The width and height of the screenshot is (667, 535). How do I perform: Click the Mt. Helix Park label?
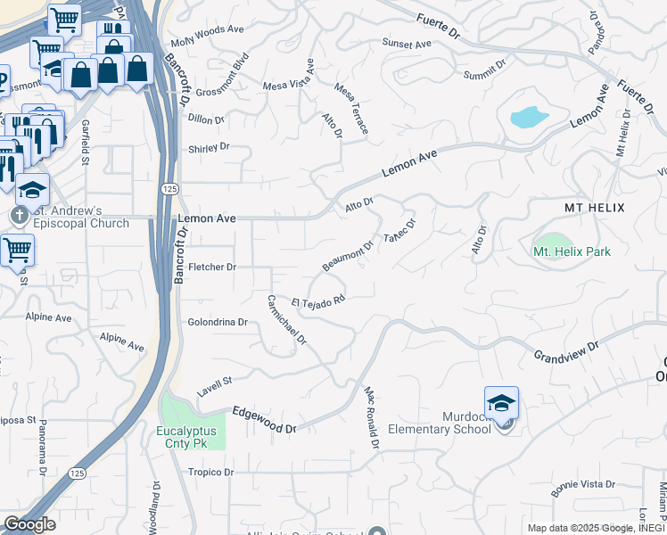click(572, 251)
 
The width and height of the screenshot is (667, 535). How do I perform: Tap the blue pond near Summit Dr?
click(529, 117)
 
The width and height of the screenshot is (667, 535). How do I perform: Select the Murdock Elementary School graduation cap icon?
click(502, 403)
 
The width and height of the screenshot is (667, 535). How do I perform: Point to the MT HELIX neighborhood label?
click(595, 207)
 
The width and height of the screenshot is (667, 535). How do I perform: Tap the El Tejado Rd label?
click(317, 303)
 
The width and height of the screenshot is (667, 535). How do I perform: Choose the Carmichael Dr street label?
click(287, 320)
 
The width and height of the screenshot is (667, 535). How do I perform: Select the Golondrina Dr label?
click(217, 322)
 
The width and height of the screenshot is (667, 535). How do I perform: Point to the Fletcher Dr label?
click(211, 267)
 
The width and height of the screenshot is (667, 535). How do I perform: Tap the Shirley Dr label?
click(209, 148)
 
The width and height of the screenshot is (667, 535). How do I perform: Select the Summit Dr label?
click(485, 70)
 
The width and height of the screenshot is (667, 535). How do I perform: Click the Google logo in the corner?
click(29, 523)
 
